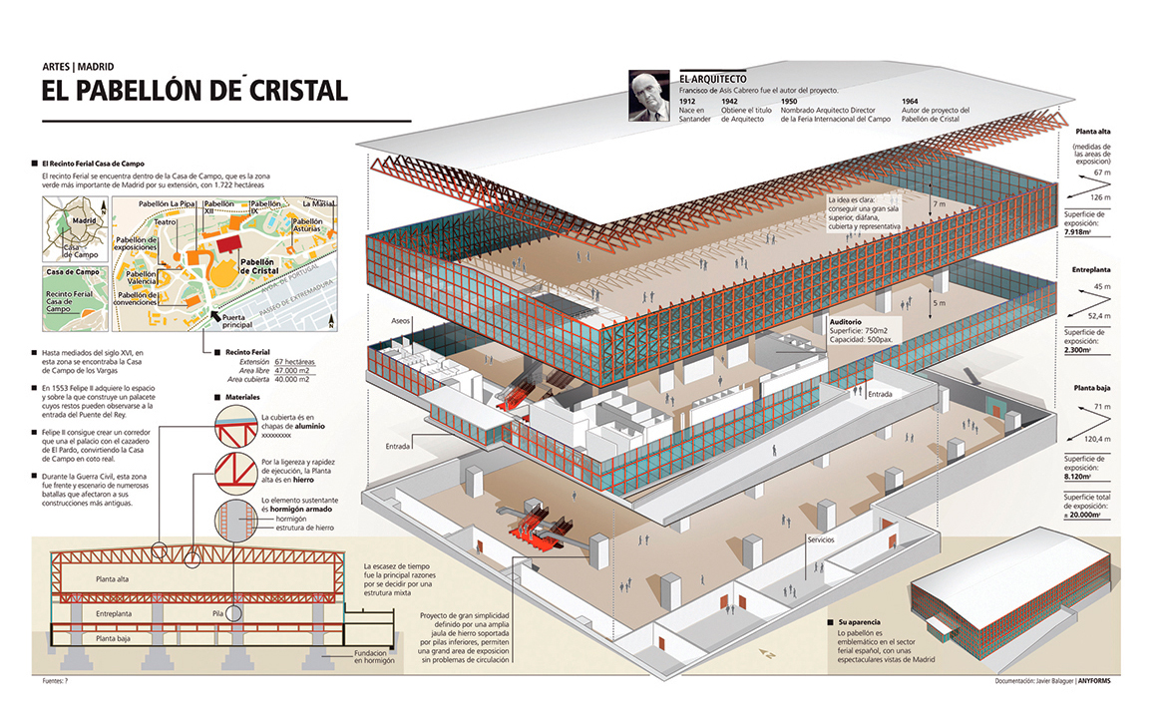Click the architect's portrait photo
649,96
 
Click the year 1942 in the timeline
730,101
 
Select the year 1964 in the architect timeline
910,101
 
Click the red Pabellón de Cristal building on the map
228,245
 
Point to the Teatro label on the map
165,222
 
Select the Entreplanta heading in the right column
1092,270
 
